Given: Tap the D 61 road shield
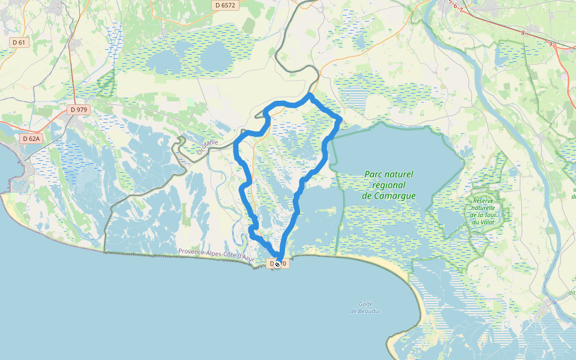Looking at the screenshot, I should pos(19,42).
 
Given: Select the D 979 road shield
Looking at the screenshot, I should pos(79,109).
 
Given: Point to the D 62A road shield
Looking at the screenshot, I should pos(30,139).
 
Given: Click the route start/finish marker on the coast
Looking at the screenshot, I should pos(277,263).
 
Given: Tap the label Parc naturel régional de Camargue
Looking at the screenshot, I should pos(389,184).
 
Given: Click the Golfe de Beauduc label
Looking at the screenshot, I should pos(366,307).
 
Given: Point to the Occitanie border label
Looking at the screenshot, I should pos(208,144).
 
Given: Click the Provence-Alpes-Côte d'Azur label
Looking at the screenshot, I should pos(217,254).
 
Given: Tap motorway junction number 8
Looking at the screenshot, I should pos(523,34).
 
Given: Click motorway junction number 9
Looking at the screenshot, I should pos(550,44).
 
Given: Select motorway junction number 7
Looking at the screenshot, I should pos(461,10).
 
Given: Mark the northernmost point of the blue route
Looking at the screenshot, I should pos(310,95).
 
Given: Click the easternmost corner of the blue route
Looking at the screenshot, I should pos(340,120).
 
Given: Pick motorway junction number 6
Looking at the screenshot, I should pos(455,6).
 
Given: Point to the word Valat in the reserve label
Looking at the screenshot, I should pos(487,222).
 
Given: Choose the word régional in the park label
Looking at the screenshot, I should pos(388,185).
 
